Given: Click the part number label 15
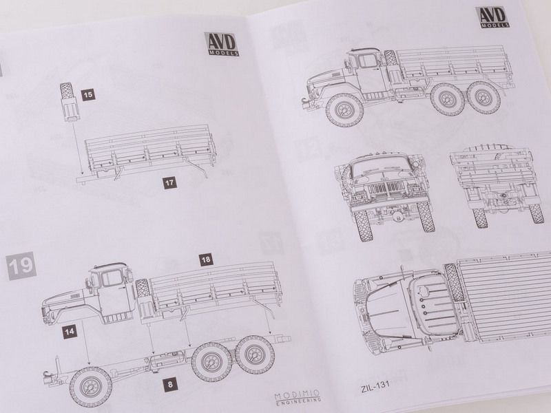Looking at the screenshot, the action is pos(88,95).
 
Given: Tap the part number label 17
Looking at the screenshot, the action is pos(169,182).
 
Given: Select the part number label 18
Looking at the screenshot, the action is pos(206,260).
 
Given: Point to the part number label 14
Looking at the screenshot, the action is pos(70,332).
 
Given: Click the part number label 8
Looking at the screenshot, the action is pos(170,384).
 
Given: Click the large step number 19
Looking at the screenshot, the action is pos(21,266).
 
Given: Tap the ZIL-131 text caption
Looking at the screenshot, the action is pos(375,386).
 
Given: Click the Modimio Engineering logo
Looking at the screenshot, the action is pos(298,395).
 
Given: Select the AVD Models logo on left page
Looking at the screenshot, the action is pos(221,44).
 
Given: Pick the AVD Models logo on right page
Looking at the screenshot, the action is pos(492,17).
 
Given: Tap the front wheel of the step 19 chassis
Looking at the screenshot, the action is pos(91,387).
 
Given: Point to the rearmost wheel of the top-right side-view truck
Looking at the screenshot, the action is pos(484,96).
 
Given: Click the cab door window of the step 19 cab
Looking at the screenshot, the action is pos(112,278).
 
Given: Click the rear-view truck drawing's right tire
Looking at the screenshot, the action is pos(537,213).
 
